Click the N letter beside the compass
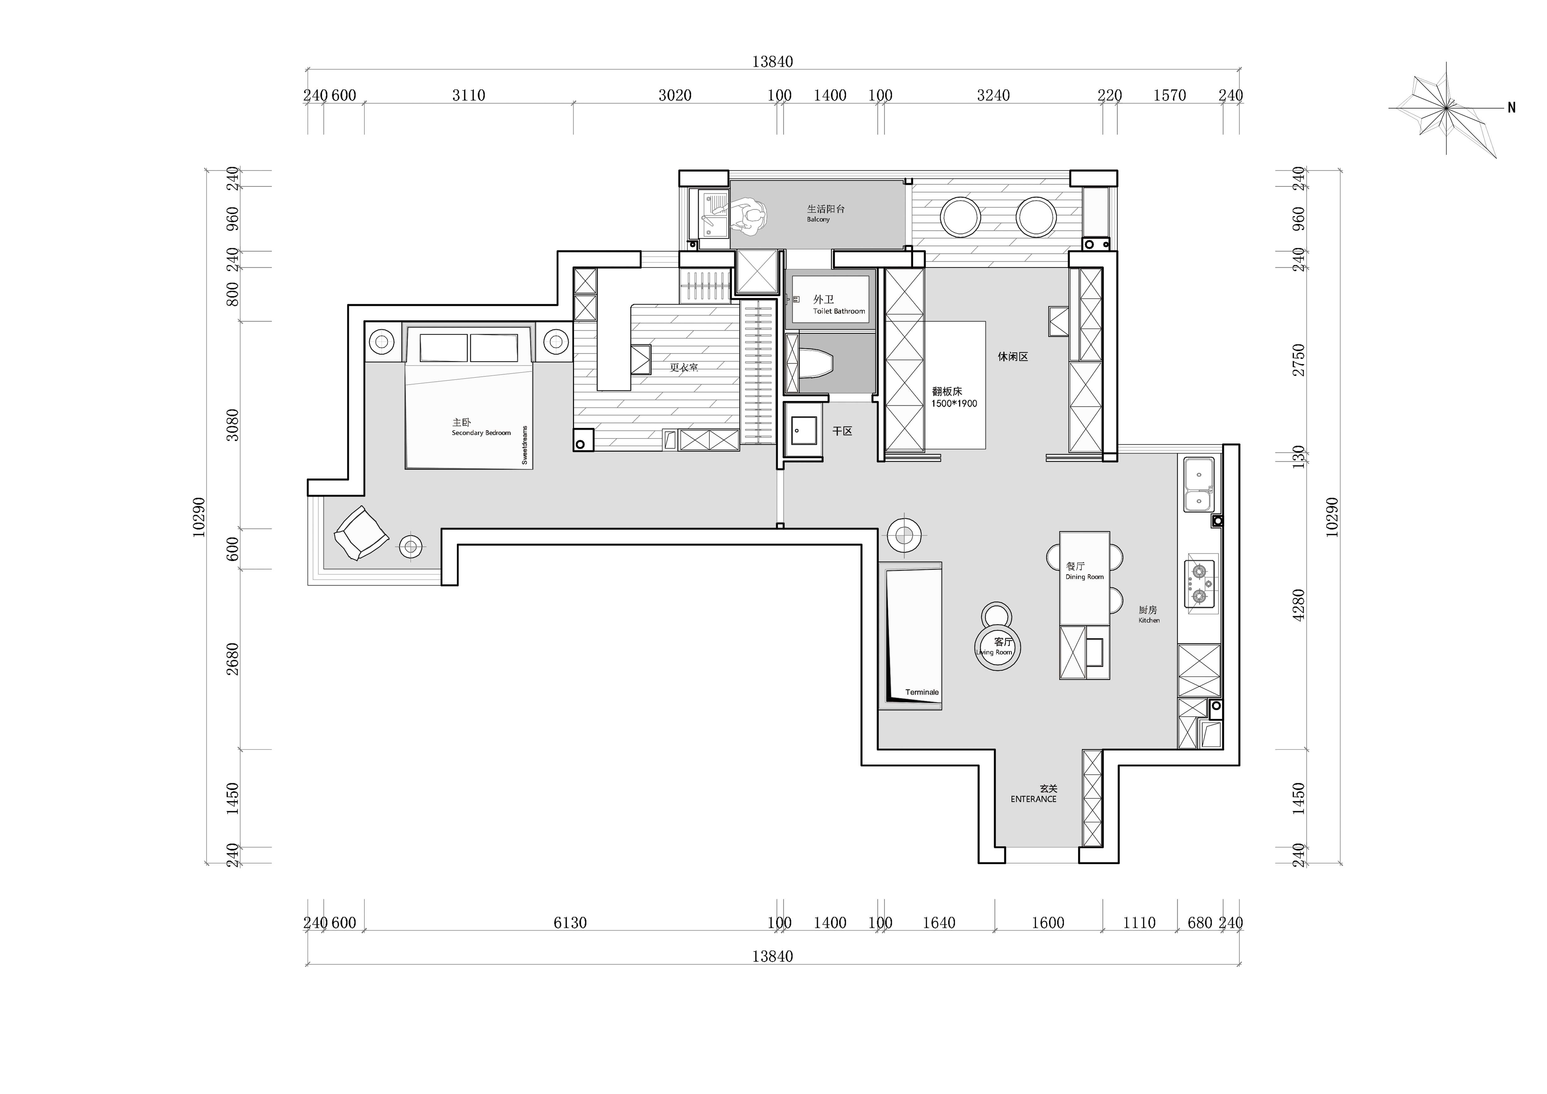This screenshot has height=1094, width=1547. tap(1511, 107)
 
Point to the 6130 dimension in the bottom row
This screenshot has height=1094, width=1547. tap(570, 923)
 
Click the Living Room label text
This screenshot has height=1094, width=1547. tap(994, 652)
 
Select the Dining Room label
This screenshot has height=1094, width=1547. tap(1085, 577)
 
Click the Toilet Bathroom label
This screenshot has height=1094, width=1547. tap(839, 311)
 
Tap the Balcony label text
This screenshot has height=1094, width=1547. tap(819, 220)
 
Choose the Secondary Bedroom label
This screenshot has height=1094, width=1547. tap(481, 433)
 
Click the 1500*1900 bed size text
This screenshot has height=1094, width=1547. tap(954, 404)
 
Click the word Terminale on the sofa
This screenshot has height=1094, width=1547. tap(922, 692)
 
